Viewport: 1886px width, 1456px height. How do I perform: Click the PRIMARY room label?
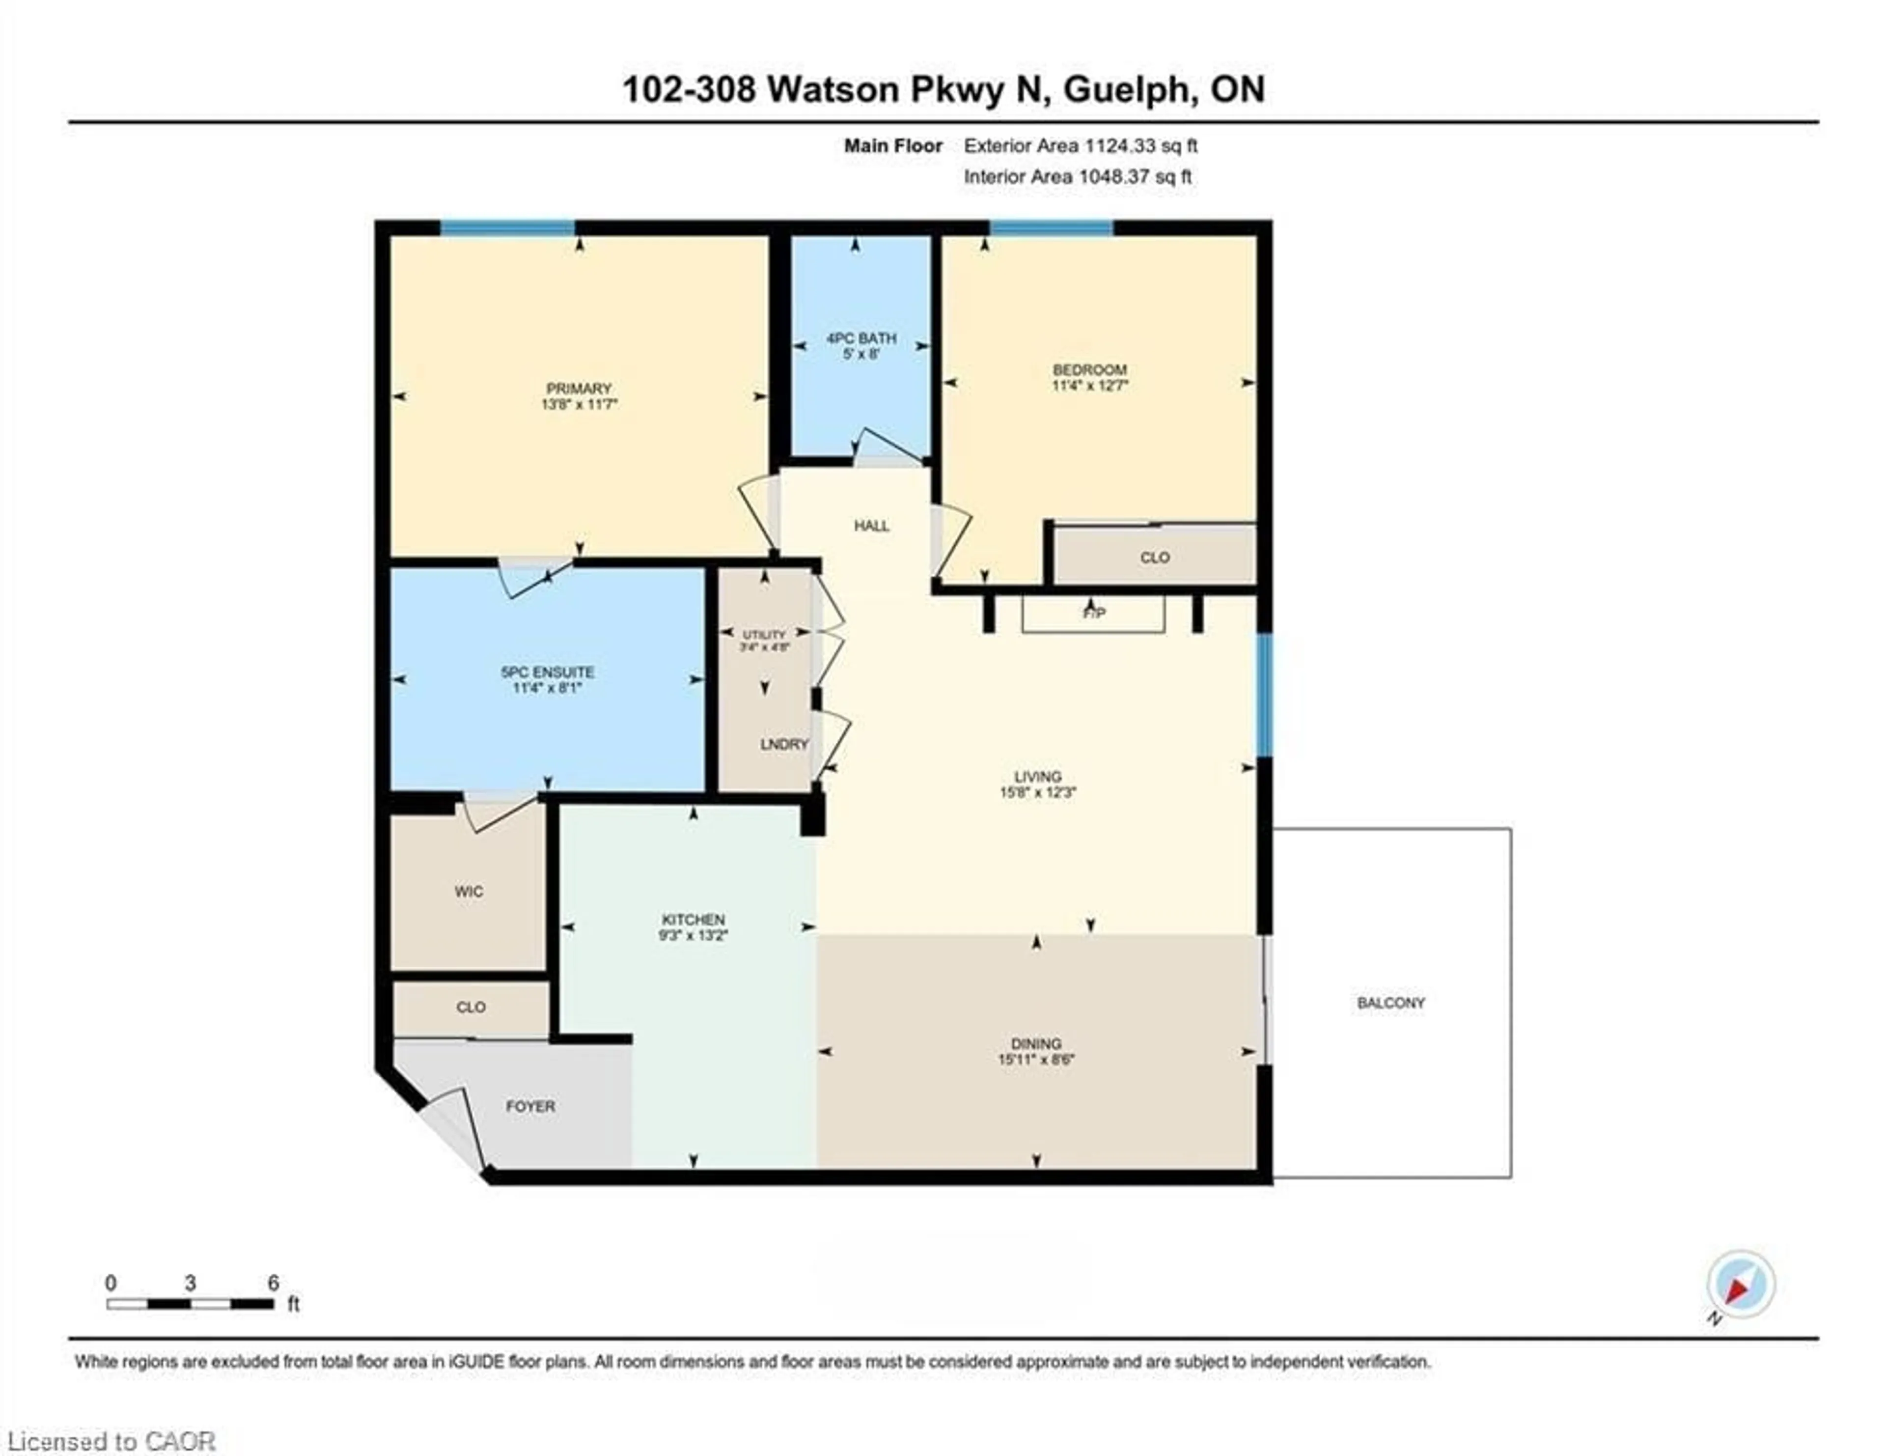coord(579,389)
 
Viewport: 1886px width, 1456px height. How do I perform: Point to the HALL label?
coord(871,526)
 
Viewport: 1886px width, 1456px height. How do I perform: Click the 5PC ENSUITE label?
coord(548,672)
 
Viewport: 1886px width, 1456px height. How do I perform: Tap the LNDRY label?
coord(784,744)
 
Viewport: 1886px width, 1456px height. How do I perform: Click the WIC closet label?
coord(469,891)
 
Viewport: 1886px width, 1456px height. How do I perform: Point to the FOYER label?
coord(530,1106)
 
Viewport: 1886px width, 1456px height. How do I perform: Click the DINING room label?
coord(1036,1043)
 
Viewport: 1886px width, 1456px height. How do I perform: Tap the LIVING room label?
coord(1038,776)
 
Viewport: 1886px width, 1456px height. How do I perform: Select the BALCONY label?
coord(1390,1003)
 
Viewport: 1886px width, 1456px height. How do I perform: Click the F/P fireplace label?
coord(1093,613)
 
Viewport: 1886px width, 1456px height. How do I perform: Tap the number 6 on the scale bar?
coord(273,1283)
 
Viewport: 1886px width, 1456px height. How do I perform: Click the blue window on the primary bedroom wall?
coord(508,228)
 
